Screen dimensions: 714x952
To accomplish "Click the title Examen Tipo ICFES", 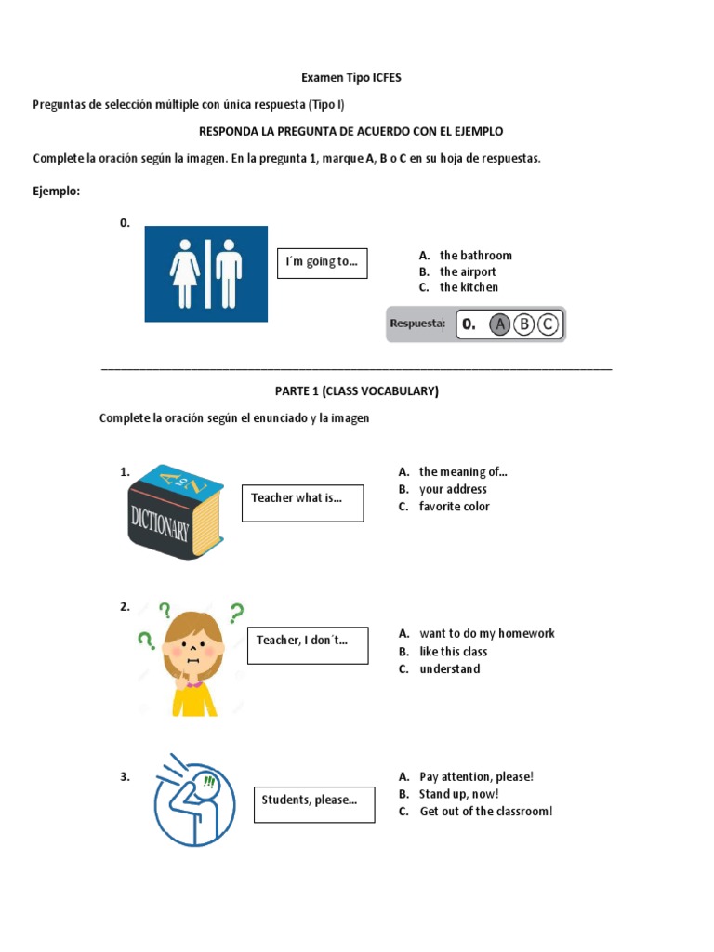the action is point(350,78).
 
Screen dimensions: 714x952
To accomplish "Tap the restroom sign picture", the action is point(205,274).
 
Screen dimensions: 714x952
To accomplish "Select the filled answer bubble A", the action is point(499,324).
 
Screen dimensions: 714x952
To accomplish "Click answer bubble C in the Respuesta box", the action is point(548,324).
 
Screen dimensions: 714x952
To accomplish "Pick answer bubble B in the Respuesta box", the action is point(524,324).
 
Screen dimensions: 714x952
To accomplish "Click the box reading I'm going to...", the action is point(323,263).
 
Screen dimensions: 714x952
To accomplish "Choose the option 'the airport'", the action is point(468,271).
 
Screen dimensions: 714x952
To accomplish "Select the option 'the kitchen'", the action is point(469,287).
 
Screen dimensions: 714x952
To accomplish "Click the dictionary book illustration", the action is point(176,512).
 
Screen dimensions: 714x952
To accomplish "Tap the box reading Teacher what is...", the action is point(303,503).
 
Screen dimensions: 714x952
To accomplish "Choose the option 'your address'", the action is point(453,489).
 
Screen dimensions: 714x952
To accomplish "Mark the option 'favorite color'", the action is point(454,507).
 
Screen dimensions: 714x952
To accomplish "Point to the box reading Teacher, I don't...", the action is point(308,645).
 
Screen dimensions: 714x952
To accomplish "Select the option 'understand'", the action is point(450,669).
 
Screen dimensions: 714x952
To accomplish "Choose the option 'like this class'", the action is point(454,652).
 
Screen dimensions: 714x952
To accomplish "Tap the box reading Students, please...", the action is point(314,804).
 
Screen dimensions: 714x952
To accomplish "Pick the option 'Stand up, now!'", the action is point(459,794).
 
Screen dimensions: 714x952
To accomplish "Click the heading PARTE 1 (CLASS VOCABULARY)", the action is point(357,391).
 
